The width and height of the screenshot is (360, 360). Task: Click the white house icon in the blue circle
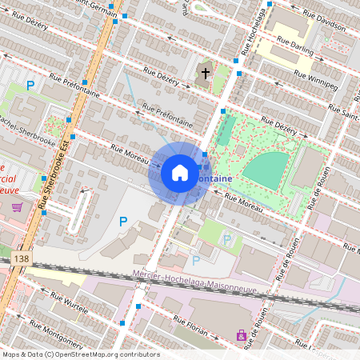tap(180, 173)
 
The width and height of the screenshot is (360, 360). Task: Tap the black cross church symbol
tap(205, 74)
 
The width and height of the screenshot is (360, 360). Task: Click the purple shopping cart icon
tap(17, 207)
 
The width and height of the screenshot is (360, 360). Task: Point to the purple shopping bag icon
tap(240, 335)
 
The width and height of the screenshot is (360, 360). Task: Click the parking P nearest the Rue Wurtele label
tap(123, 222)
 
